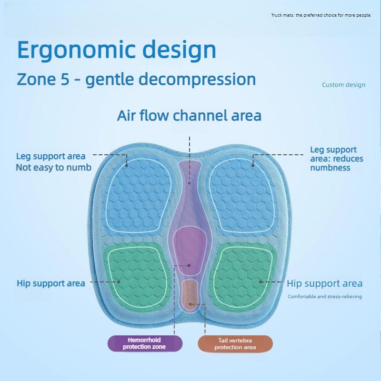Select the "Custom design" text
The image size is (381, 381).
(343, 85)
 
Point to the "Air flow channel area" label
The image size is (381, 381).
(189, 116)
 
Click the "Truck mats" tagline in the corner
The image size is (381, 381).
(321, 15)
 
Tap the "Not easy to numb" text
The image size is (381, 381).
(53, 167)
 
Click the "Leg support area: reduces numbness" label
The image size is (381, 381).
(336, 159)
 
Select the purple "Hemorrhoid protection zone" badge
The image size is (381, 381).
(144, 343)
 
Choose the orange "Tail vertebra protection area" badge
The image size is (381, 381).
(235, 343)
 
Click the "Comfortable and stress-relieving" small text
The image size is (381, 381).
(324, 296)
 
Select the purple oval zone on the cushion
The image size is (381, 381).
(189, 250)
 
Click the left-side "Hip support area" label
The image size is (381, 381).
(51, 283)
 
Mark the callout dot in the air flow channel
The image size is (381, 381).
(189, 182)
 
